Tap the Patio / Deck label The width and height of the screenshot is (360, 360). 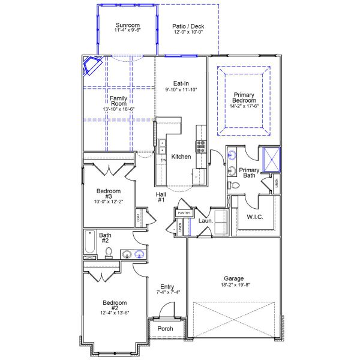pos(188,26)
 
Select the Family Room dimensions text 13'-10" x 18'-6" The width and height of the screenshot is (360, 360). pos(118,109)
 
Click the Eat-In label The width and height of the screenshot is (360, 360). pos(182,83)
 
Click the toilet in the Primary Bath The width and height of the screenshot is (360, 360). pos(235,185)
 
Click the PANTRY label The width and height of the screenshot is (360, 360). pos(184,212)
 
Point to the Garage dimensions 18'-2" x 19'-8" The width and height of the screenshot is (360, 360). pos(233,286)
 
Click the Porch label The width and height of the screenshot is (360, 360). pos(165,329)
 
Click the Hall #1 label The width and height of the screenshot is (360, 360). pos(161,197)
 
